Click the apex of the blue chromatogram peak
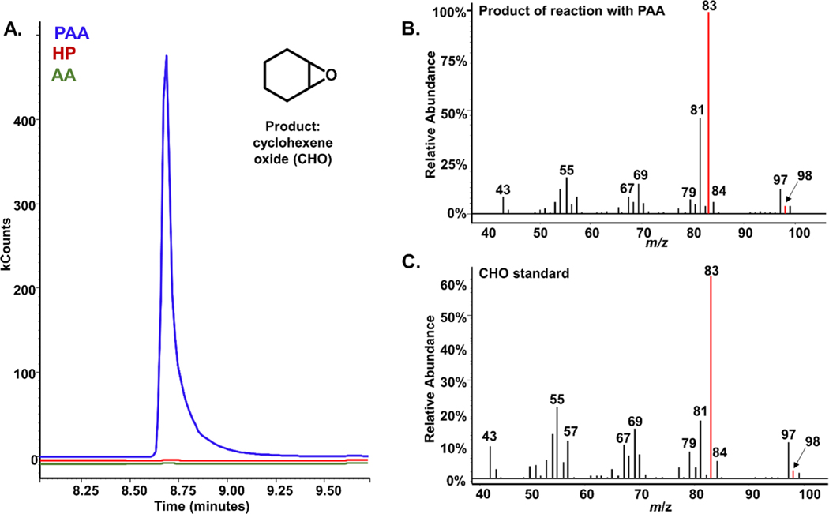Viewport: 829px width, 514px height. (167, 56)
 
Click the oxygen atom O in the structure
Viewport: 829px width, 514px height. (332, 76)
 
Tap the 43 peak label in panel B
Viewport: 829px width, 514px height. (503, 189)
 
